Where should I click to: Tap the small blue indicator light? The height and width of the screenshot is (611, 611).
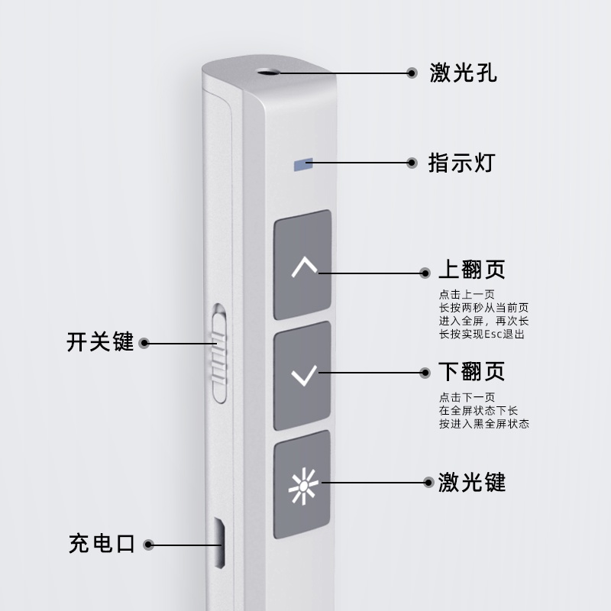(x=303, y=163)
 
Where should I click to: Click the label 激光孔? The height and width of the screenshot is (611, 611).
(x=464, y=74)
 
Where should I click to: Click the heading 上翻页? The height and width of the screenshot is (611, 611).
(x=472, y=271)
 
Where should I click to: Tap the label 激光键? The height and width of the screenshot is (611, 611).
(x=472, y=482)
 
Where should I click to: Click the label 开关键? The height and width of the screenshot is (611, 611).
(x=100, y=342)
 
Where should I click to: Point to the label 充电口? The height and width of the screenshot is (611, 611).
(x=102, y=545)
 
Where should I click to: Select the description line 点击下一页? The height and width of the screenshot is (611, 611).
(x=467, y=397)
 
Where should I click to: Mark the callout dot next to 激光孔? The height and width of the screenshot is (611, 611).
(x=412, y=74)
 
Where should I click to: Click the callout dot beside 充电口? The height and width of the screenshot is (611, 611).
(x=149, y=545)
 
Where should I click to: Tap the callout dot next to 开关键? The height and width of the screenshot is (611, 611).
(x=144, y=343)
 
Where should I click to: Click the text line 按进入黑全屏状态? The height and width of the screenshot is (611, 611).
(x=484, y=424)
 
